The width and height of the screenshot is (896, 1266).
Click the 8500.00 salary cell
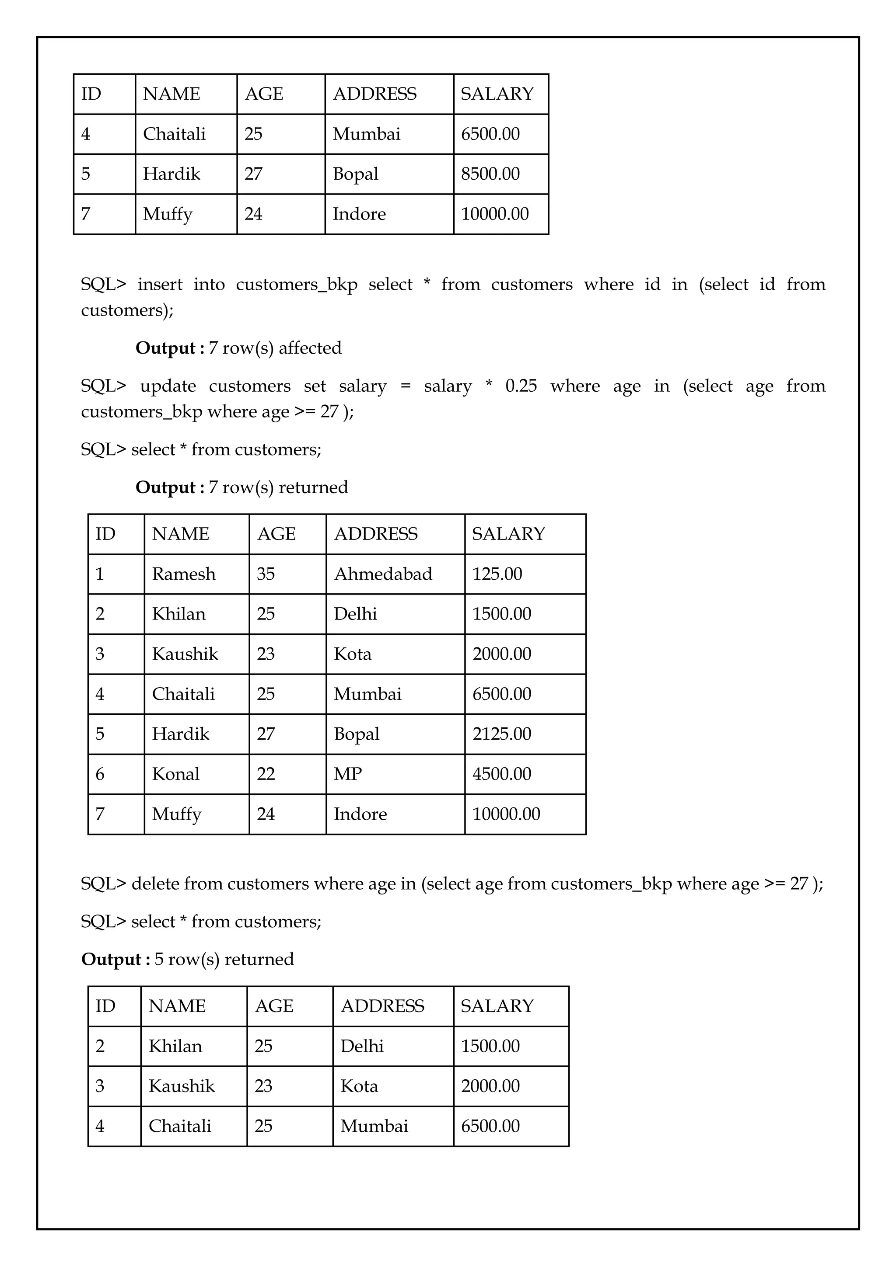(x=490, y=174)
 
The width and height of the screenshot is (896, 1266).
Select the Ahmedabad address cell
(x=383, y=574)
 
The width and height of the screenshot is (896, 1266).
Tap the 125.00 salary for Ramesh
(x=497, y=574)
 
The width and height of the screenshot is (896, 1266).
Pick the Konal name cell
(x=175, y=774)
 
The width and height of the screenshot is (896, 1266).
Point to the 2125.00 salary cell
(x=501, y=734)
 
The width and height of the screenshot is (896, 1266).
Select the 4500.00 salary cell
(x=501, y=774)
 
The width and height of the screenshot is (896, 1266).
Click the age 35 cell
(x=266, y=574)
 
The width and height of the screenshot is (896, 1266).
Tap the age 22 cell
(x=266, y=774)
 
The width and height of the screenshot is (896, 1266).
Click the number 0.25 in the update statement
(x=521, y=386)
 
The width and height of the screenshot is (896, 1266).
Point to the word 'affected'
(x=310, y=348)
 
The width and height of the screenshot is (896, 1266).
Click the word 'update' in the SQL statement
(x=168, y=386)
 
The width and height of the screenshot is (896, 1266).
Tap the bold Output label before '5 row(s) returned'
(x=112, y=960)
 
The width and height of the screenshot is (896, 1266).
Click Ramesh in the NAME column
(x=184, y=574)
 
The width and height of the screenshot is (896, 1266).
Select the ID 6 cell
(x=100, y=774)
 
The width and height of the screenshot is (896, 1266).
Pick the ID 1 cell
(x=100, y=574)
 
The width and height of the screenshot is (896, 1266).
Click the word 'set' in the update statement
(x=315, y=386)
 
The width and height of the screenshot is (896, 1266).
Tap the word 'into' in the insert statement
(x=209, y=285)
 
